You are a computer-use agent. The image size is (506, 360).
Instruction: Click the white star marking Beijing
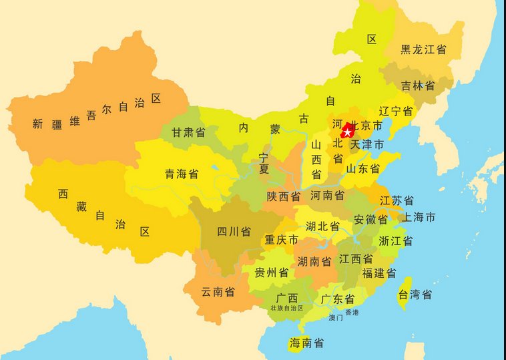(347, 132)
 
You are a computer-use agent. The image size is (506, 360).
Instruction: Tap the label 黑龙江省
(423, 49)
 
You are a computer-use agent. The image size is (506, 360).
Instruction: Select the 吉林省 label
(418, 86)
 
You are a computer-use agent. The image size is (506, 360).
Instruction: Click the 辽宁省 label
(395, 111)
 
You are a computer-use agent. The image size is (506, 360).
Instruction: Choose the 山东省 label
(362, 169)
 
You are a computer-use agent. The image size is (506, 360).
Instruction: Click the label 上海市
(419, 217)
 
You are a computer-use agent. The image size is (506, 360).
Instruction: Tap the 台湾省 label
(415, 295)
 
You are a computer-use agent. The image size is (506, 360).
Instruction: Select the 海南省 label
(306, 343)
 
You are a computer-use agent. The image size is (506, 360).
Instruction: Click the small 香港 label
(351, 312)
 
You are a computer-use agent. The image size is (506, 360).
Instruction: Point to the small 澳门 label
(336, 318)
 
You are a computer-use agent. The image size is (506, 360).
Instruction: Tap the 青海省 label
(182, 174)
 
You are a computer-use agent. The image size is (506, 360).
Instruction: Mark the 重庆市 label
(281, 240)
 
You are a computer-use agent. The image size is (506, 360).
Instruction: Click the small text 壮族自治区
(286, 309)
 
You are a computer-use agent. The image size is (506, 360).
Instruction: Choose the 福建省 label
(378, 273)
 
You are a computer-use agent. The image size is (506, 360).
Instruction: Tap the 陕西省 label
(283, 196)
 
